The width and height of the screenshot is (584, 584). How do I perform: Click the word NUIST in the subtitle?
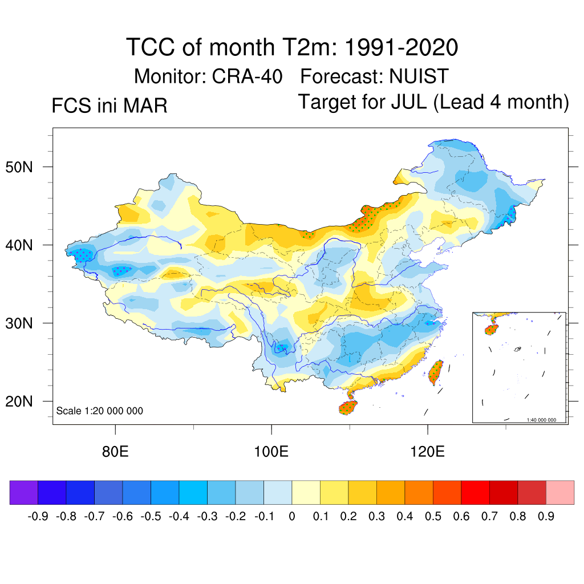coord(419,75)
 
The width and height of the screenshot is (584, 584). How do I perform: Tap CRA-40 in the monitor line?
coord(247,75)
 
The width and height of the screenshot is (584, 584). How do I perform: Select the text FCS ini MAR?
coord(109,106)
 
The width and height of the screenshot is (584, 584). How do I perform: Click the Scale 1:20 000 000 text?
coord(100,411)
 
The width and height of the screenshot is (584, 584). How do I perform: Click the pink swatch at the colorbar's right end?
coord(560,492)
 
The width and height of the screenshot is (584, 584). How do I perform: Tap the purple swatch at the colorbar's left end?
coord(23,492)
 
